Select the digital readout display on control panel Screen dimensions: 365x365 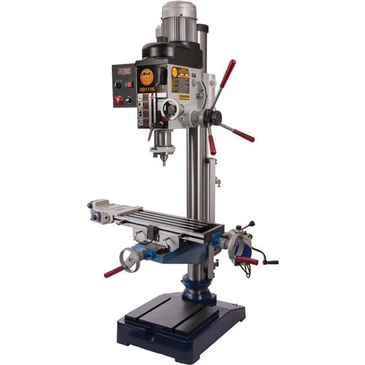point(123,72)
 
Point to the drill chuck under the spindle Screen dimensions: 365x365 point(162,152)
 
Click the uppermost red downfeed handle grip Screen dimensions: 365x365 point(229,72)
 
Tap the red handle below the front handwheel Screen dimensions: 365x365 point(113,272)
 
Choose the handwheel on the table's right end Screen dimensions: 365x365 point(236,245)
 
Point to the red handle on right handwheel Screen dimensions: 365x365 point(247,260)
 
